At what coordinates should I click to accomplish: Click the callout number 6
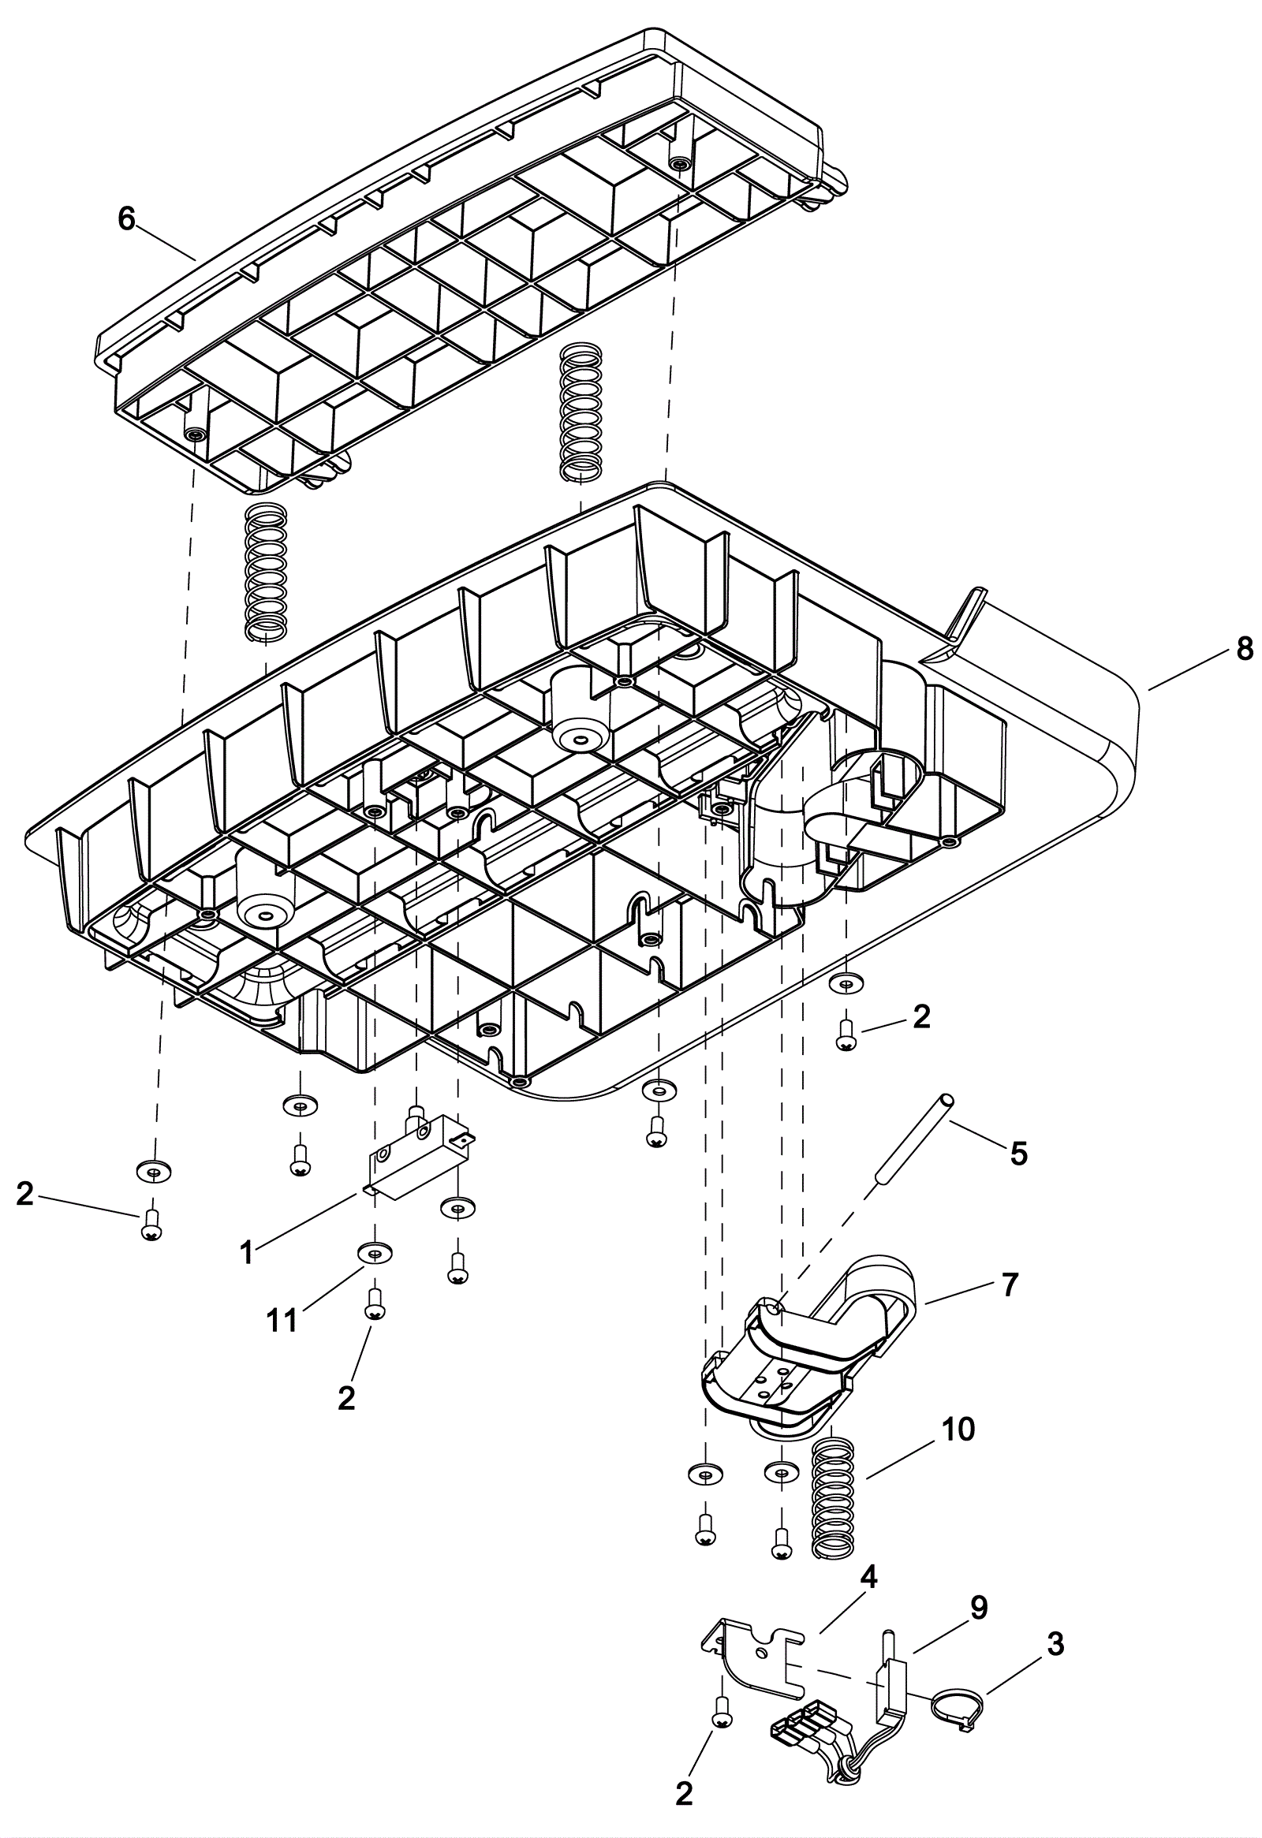(x=127, y=218)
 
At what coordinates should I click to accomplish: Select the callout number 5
(x=1019, y=1154)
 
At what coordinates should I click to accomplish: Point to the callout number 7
(x=1010, y=1285)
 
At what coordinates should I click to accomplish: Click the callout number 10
(x=959, y=1429)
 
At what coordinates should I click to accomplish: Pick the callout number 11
(x=282, y=1320)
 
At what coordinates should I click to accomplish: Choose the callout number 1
(x=247, y=1253)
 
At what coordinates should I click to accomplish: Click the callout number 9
(x=979, y=1608)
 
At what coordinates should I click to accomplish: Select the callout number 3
(x=1055, y=1644)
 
